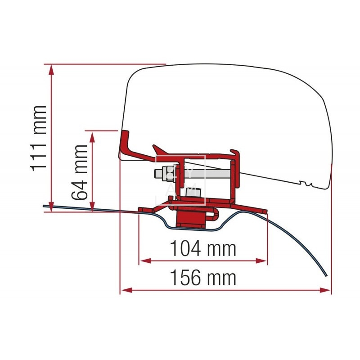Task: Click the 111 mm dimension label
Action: coord(39,138)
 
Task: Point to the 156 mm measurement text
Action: coord(203,278)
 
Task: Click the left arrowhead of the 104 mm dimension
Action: coord(143,260)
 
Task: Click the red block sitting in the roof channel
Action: coord(190,218)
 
